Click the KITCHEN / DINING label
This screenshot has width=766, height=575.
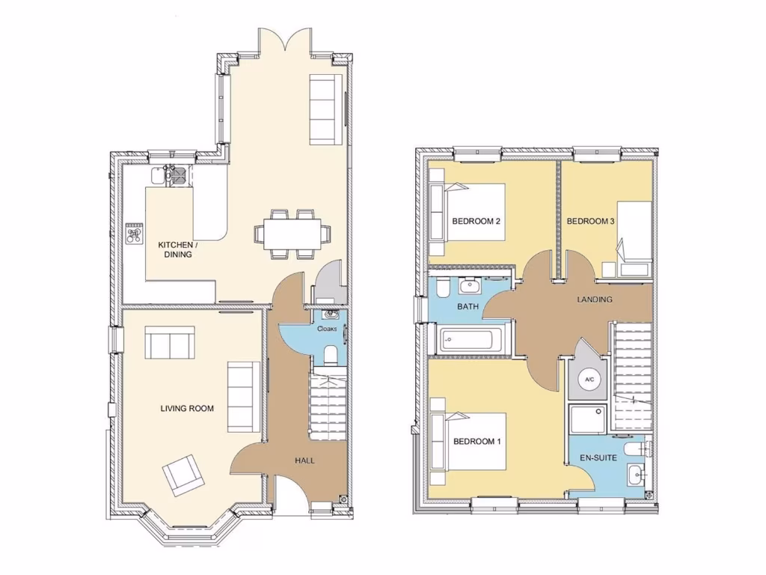coord(178,249)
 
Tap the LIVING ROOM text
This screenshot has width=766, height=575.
coord(187,409)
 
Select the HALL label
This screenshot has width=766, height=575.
coord(304,460)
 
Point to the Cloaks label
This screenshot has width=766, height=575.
coord(327,329)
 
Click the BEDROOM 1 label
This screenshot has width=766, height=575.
coord(477,442)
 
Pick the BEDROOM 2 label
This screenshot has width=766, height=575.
coord(476,222)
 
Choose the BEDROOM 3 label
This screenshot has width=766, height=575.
coord(590,222)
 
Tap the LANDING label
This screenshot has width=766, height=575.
coord(595,299)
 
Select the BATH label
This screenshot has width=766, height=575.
coord(468,307)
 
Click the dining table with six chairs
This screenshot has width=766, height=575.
coord(291,234)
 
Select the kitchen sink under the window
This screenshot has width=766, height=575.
coord(156,175)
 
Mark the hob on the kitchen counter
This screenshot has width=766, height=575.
coord(135,234)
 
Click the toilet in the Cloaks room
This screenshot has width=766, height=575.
coord(330,353)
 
